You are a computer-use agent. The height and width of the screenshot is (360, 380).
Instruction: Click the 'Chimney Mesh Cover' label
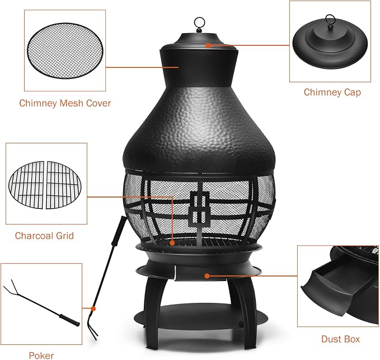(65, 103)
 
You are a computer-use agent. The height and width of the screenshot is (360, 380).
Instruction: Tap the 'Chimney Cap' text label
(332, 92)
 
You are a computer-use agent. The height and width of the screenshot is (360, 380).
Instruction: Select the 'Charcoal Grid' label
(44, 236)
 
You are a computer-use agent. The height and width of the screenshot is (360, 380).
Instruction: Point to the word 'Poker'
(41, 356)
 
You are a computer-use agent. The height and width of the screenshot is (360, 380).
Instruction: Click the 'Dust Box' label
(340, 339)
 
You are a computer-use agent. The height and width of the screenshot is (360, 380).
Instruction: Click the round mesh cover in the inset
(65, 50)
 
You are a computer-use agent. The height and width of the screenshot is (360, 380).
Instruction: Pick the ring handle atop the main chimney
(200, 24)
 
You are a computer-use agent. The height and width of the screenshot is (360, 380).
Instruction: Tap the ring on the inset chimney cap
(330, 20)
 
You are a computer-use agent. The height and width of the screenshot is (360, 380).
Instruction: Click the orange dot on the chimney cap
(208, 45)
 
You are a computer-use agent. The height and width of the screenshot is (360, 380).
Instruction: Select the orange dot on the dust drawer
(207, 276)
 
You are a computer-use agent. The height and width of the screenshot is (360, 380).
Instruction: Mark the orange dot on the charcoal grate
(172, 242)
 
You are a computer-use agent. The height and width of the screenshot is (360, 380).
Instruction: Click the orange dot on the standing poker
(93, 309)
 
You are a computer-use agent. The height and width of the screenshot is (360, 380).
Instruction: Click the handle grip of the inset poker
(70, 320)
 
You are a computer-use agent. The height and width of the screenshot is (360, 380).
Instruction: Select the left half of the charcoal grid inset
(27, 185)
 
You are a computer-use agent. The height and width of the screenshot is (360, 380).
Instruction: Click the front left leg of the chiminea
(152, 313)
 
